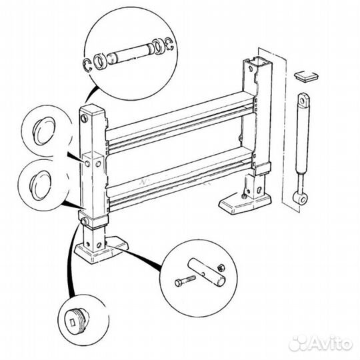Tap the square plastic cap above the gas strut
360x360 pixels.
(306, 76)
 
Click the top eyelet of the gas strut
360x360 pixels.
(303, 99)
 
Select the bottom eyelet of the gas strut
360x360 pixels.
(300, 197)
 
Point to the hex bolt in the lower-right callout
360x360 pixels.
(185, 281)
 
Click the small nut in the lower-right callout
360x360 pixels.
(221, 267)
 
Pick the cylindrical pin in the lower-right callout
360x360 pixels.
(207, 272)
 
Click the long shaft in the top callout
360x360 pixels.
(131, 53)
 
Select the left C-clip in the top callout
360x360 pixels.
(87, 65)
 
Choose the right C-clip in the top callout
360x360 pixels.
(170, 44)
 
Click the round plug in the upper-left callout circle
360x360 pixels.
(45, 131)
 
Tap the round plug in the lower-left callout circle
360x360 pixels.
(41, 185)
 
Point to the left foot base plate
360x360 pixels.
(101, 251)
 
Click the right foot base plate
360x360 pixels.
(245, 203)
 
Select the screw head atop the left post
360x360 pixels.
(84, 119)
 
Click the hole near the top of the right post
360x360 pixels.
(251, 69)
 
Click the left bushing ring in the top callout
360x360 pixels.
(99, 61)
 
